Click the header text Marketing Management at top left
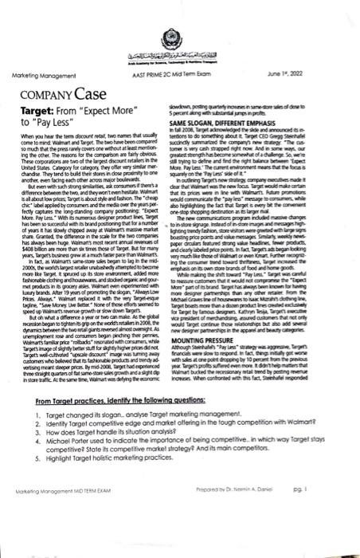[x=41, y=75]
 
